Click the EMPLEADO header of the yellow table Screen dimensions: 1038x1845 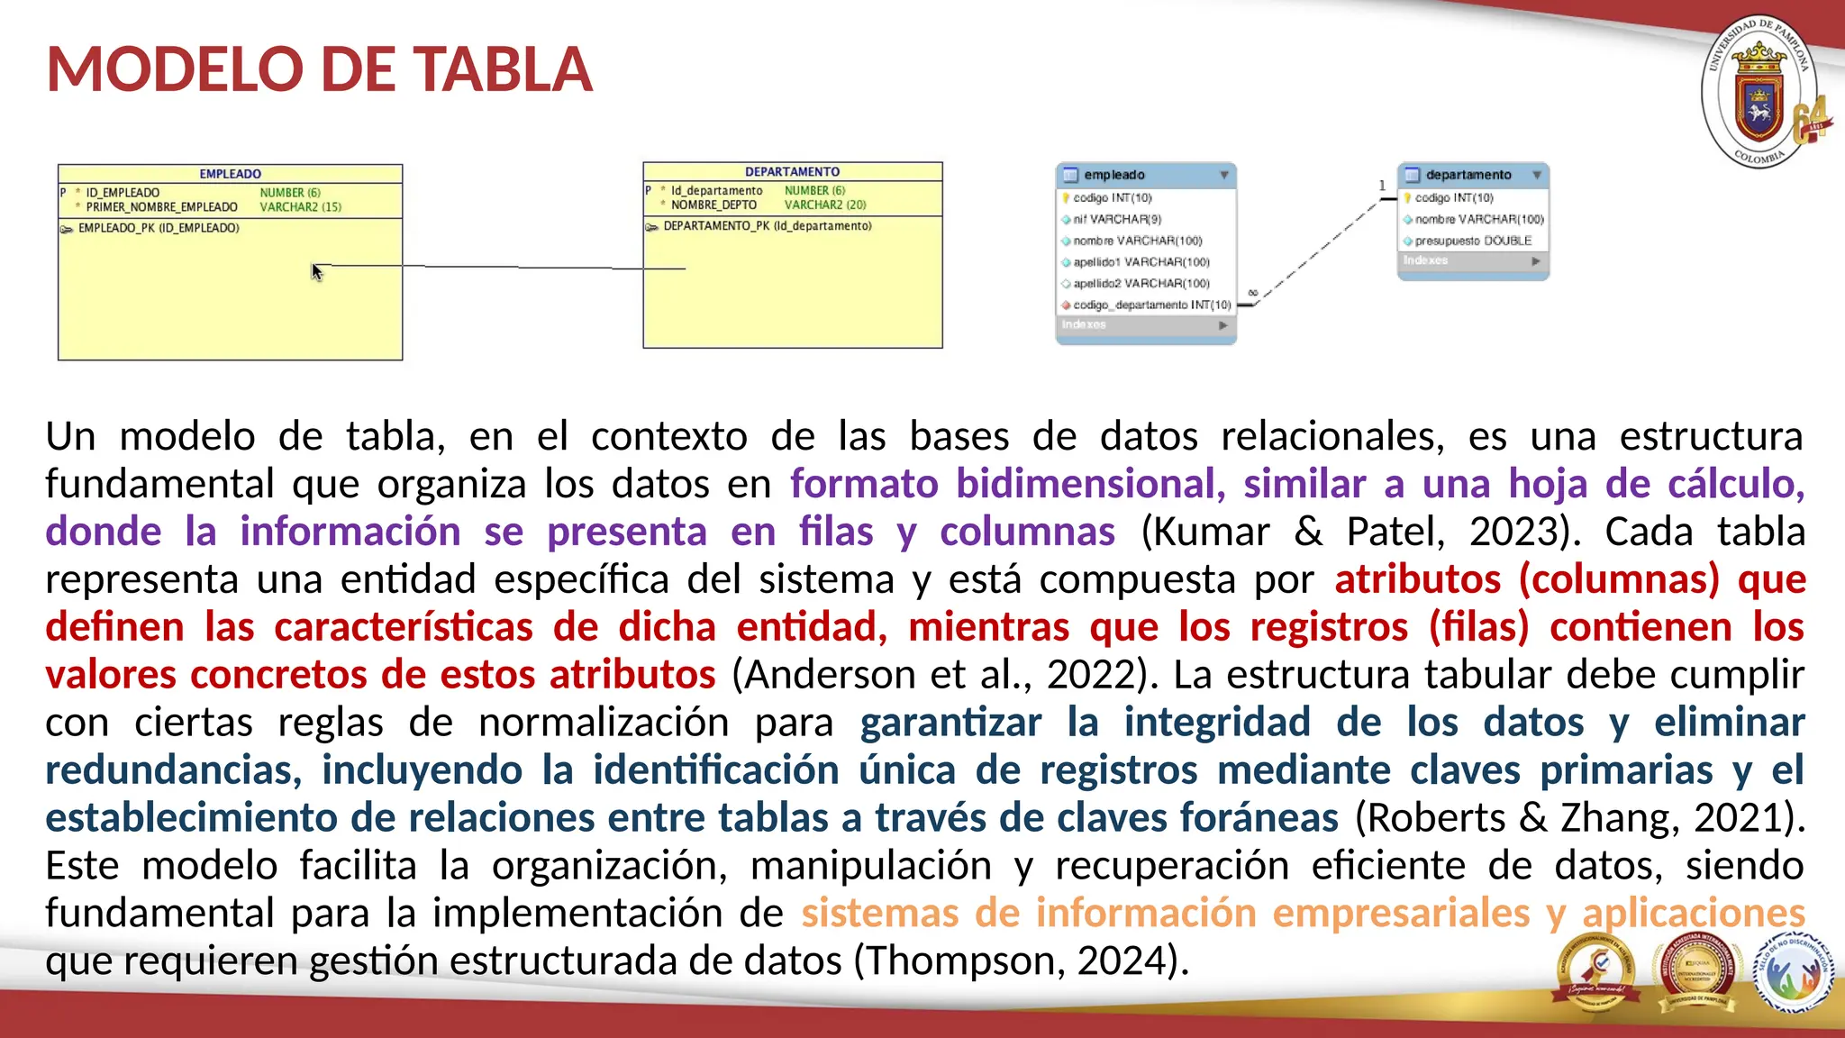point(230,174)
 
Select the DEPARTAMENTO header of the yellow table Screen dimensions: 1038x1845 point(792,171)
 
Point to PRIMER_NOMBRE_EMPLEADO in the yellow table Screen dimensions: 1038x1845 point(161,207)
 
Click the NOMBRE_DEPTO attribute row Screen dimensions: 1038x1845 point(713,205)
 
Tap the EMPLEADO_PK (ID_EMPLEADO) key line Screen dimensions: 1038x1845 point(158,228)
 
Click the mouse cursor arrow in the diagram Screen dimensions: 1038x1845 point(316,272)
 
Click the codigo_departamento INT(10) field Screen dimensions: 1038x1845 point(1150,305)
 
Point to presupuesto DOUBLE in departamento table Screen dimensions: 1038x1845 point(1472,241)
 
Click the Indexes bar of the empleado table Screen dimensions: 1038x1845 point(1144,324)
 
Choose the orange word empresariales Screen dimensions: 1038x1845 point(1401,913)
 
